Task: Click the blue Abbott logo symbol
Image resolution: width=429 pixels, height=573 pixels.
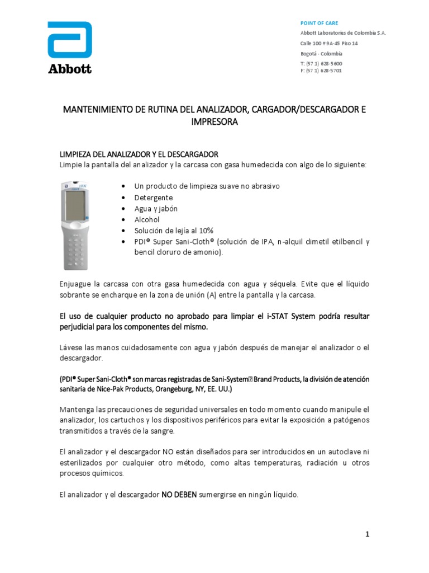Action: coord(69,40)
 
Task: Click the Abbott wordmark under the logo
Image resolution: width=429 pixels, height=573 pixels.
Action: coord(69,69)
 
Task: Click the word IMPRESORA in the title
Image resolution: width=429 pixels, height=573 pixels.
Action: coord(214,121)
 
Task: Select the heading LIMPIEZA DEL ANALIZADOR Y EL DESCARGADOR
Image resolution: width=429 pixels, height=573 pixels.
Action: coord(139,154)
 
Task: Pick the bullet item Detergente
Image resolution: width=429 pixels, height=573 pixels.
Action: coord(154,198)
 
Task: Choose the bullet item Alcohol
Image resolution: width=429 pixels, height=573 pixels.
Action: coord(146,219)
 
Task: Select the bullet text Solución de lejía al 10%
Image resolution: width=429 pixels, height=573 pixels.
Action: coord(174,231)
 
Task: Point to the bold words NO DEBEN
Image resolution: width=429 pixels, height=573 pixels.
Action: coord(179,495)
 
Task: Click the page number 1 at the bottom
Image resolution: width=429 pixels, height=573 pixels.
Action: coord(368,534)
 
